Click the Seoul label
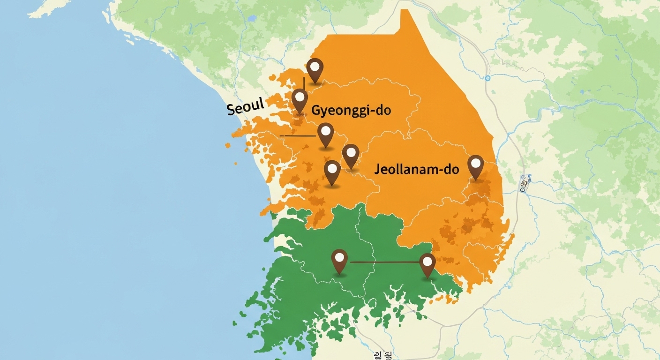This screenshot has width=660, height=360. point(246,107)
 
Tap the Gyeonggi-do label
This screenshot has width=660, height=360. point(351,111)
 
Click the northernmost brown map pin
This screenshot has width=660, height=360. point(315,70)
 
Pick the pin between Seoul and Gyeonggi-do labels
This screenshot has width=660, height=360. point(300,101)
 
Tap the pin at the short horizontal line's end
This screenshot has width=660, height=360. point(325,135)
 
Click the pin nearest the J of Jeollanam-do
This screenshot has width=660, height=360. point(351,156)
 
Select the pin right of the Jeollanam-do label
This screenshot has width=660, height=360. point(475,167)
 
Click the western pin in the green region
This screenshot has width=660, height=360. point(339,261)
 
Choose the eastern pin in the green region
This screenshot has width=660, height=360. point(427,265)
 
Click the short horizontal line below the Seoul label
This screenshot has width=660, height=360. point(297,136)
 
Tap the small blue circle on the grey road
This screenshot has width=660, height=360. point(487,78)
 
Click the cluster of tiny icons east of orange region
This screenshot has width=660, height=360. point(525,183)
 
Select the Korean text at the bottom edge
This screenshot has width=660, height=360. point(383,355)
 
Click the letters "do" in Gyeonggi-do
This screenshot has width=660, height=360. point(382,111)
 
